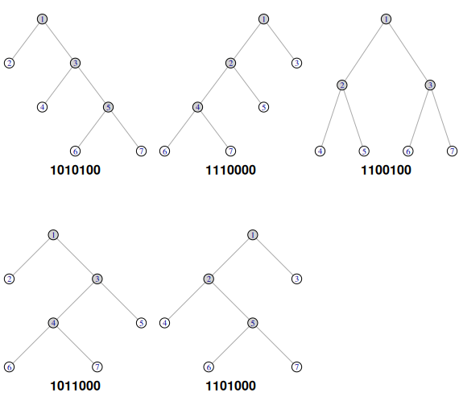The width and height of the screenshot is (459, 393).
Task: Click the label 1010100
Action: [x=75, y=170]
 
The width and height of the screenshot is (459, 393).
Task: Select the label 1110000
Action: [x=230, y=170]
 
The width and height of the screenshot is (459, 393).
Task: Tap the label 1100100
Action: [x=386, y=170]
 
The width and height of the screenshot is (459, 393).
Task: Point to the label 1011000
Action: [x=75, y=386]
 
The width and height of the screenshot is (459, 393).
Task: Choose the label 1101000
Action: [x=230, y=386]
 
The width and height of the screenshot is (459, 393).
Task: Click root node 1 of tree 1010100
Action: [x=43, y=19]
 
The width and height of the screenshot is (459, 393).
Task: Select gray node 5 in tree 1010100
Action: [x=109, y=107]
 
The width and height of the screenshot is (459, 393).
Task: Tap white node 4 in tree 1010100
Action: [x=43, y=107]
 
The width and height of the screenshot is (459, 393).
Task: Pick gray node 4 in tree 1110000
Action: [x=197, y=107]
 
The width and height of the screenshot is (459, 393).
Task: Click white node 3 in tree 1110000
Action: [x=297, y=63]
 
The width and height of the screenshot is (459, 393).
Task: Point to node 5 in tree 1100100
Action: [x=364, y=151]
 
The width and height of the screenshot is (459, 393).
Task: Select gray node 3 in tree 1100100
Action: [x=430, y=85]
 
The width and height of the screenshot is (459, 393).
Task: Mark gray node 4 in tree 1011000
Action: [x=53, y=323]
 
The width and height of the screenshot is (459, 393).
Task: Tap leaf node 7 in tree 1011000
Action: [x=97, y=367]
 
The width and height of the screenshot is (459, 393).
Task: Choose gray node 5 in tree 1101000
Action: [x=253, y=323]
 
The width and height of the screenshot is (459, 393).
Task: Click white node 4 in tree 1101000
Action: [x=165, y=323]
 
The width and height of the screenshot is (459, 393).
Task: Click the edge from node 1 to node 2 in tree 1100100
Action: [x=364, y=52]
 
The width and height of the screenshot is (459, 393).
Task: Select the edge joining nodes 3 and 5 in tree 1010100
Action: [x=92, y=85]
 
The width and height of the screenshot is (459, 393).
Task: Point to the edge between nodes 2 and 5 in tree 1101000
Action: [x=230, y=301]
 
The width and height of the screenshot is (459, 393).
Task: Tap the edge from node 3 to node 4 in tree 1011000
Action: [x=75, y=301]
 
